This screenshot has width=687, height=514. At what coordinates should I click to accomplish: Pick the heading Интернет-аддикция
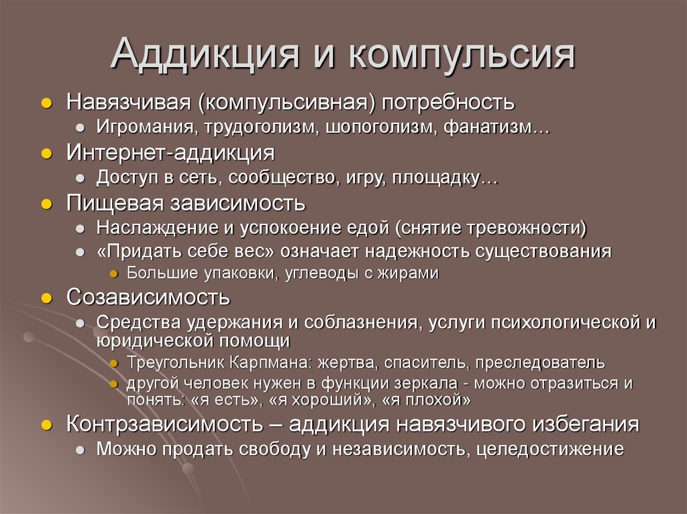170,152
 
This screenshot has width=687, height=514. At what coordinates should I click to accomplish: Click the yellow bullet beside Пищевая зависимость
46,203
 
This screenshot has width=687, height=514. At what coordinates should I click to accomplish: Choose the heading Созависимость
148,296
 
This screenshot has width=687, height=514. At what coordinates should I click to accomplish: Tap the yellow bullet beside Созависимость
46,297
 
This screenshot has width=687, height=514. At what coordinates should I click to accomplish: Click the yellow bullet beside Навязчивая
46,103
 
